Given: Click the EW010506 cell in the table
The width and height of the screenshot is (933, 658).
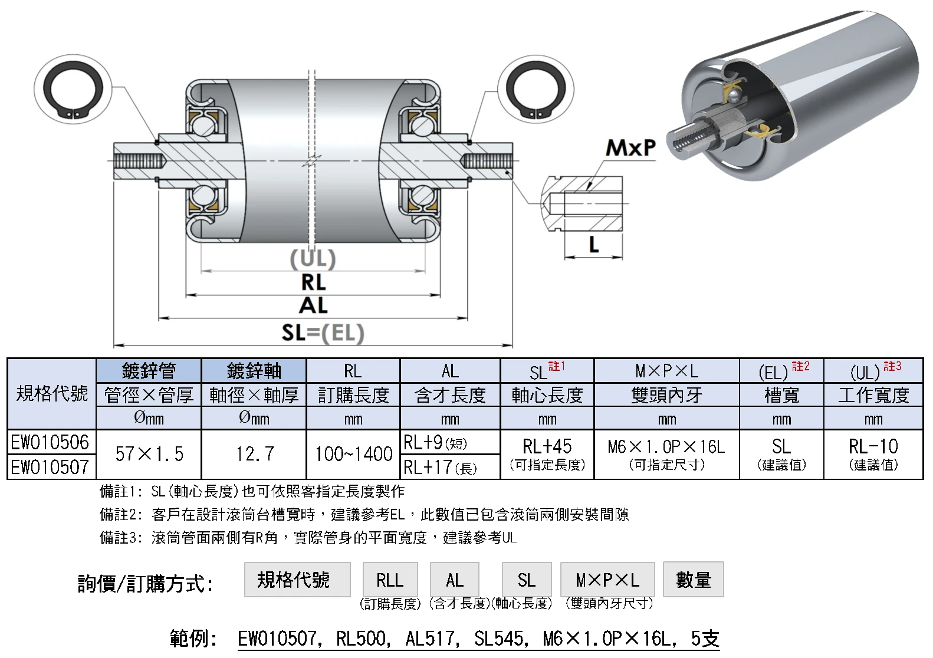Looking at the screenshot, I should [x=51, y=442].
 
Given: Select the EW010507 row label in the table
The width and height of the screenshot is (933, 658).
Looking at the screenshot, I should [x=51, y=467].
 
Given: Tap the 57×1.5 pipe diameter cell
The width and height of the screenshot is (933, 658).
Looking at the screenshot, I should [x=149, y=454].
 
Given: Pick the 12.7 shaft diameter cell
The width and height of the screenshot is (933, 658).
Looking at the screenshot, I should [x=254, y=454].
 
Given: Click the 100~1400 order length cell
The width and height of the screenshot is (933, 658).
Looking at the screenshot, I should [x=353, y=454].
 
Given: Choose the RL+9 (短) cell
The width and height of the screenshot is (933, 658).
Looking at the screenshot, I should [x=450, y=442].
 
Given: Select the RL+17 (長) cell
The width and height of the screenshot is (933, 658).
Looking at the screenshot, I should [x=450, y=468].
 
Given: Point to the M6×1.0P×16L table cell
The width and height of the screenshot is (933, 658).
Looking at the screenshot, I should [x=666, y=454].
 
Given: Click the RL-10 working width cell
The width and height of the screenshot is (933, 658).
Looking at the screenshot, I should [x=873, y=454].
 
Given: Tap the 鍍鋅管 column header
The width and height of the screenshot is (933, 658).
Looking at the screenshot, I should [x=149, y=371].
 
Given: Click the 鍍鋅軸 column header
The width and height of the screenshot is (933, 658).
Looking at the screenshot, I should [x=254, y=371].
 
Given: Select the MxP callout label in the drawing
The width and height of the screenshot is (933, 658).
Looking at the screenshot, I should [x=630, y=147].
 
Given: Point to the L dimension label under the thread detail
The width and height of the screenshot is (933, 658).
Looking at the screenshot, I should [x=594, y=244].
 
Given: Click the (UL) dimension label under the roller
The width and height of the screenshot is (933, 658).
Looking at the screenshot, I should [x=313, y=259].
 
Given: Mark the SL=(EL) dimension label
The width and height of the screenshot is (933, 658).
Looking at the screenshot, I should [x=323, y=333].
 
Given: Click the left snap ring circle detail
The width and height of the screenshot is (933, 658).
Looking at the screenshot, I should [x=73, y=90].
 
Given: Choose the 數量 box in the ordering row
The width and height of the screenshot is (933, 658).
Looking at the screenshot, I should [x=693, y=580].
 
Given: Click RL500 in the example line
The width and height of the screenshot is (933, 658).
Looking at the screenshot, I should [x=362, y=639].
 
